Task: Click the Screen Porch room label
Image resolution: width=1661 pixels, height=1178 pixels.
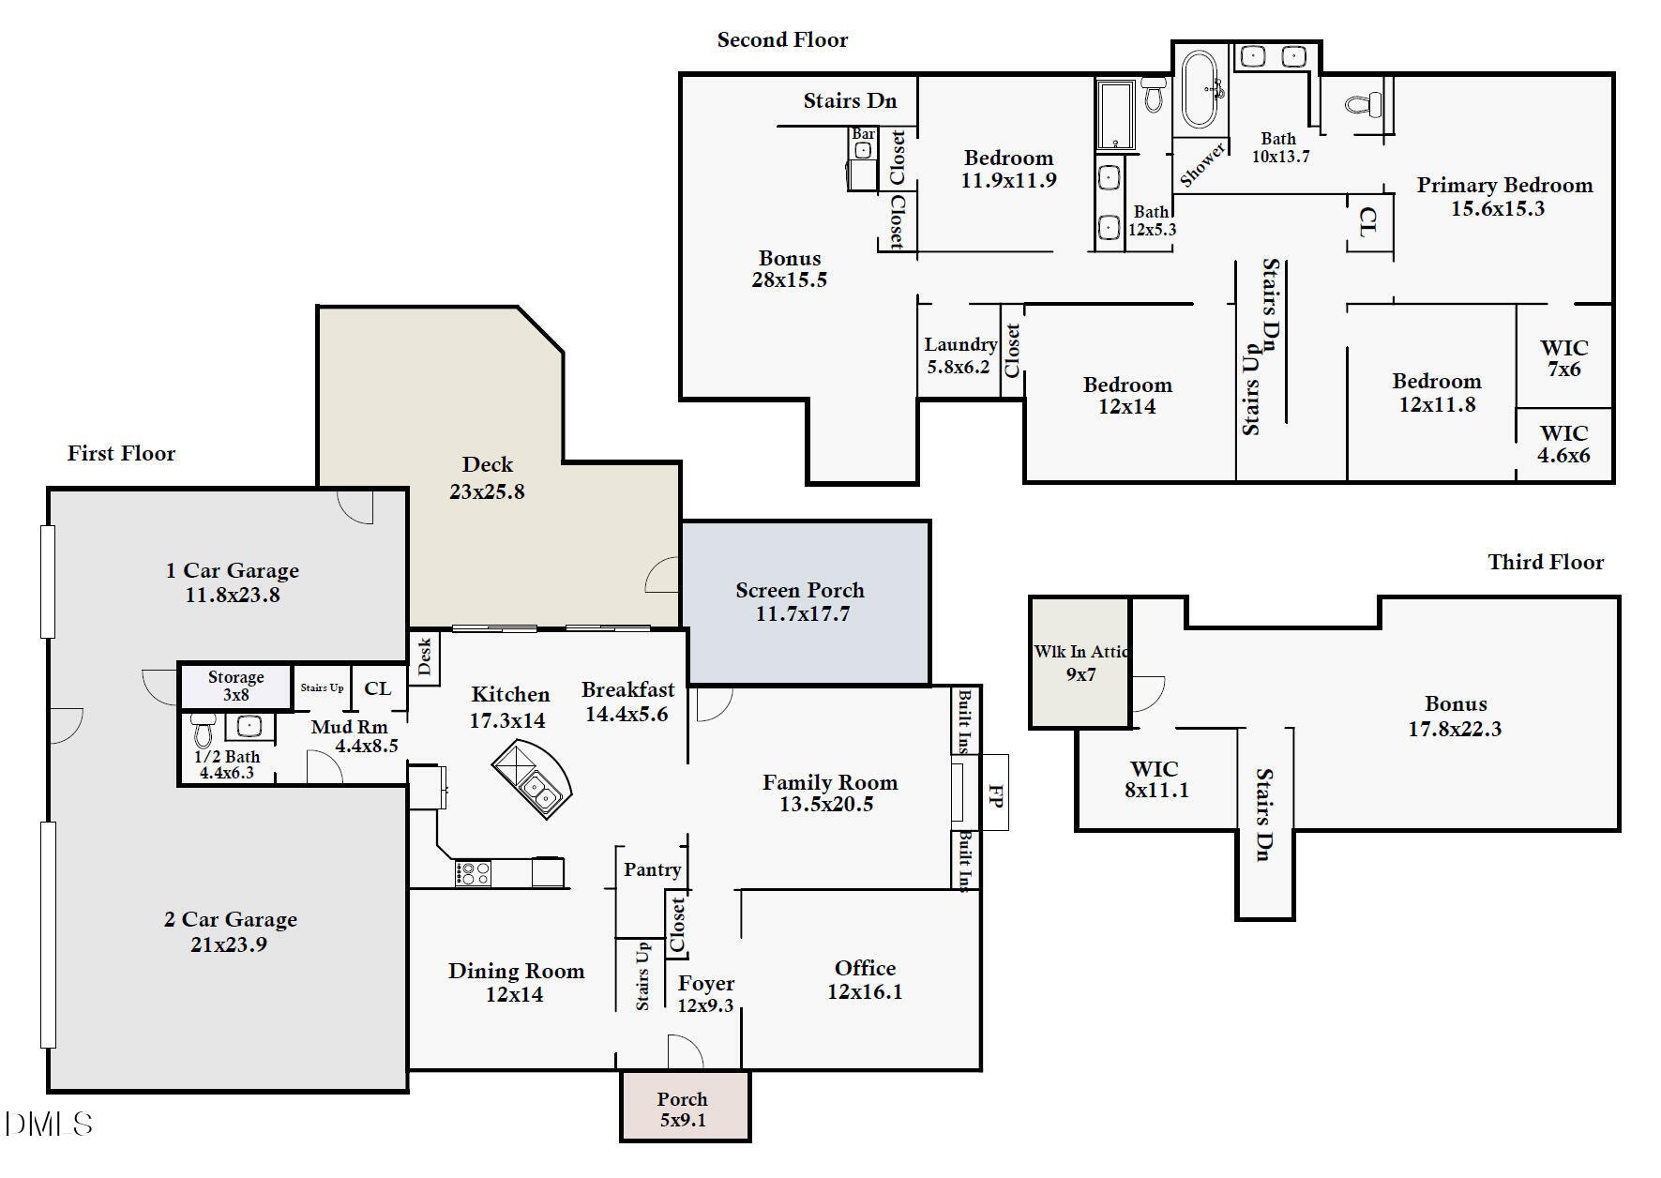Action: tap(800, 591)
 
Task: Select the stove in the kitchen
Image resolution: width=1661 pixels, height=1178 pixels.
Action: tap(473, 874)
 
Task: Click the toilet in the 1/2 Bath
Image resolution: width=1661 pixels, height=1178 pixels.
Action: tap(204, 730)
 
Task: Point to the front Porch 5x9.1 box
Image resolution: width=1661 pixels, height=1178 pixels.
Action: tap(685, 1108)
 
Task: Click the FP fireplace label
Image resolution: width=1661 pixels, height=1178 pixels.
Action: tap(995, 796)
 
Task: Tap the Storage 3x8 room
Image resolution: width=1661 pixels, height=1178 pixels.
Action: tap(235, 686)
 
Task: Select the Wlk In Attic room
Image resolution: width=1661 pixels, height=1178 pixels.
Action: tap(1080, 662)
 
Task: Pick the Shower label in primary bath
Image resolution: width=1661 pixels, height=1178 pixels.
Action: tap(1201, 165)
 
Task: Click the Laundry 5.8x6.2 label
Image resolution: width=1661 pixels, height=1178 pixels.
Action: tap(959, 345)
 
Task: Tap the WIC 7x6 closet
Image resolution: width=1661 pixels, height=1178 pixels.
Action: tap(1563, 358)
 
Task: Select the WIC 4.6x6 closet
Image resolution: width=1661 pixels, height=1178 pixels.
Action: tap(1563, 445)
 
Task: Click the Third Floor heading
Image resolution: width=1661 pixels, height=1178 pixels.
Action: tap(1546, 562)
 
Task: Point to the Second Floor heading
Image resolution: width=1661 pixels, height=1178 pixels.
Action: tap(782, 39)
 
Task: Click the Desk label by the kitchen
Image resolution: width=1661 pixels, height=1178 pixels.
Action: tap(424, 657)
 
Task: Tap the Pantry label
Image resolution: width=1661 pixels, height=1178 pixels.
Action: tap(652, 869)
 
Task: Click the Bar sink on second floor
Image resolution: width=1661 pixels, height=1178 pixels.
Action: tap(863, 150)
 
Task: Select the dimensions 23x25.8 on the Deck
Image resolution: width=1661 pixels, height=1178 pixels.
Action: tap(487, 491)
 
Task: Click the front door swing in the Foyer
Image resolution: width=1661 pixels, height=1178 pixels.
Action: tap(685, 1051)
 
